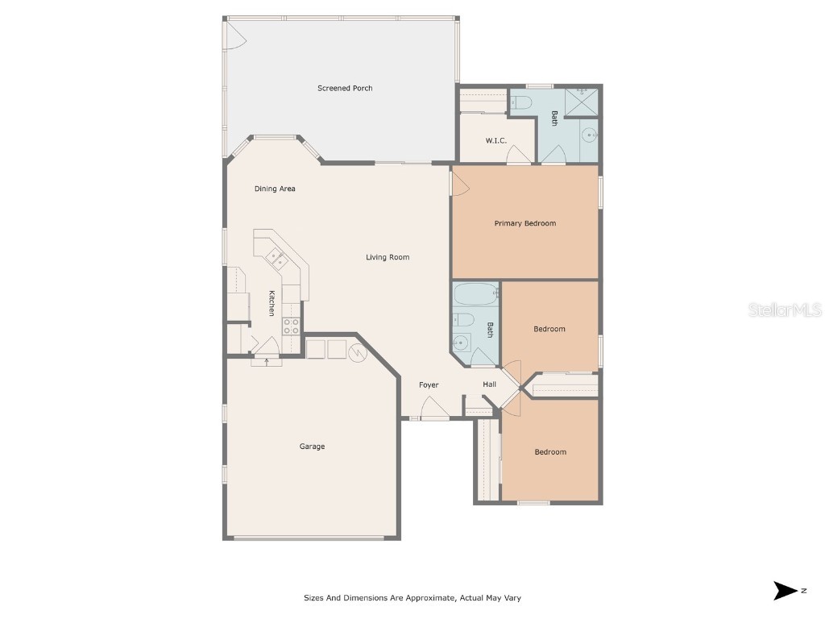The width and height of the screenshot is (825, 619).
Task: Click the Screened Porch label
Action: [345, 88]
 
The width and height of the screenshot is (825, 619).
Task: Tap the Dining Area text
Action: [275, 189]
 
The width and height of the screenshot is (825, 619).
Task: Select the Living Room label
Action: [388, 257]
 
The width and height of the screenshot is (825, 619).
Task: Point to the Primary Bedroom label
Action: [524, 223]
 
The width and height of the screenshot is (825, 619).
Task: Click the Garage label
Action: [312, 447]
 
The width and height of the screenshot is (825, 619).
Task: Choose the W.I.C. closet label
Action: [495, 141]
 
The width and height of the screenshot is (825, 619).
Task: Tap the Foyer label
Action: [429, 384]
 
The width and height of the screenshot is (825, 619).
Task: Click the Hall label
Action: [489, 384]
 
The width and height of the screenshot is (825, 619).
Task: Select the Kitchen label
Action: [272, 303]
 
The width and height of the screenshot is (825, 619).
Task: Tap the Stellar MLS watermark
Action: [784, 309]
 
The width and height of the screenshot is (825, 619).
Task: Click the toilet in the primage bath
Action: [520, 102]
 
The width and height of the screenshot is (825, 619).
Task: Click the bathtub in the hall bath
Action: [475, 294]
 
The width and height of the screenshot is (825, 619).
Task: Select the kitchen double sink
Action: [277, 259]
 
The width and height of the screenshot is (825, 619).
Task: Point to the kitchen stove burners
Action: [291, 326]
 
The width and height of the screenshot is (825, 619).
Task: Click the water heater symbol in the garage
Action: [358, 351]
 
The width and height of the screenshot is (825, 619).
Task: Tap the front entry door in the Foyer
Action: [435, 413]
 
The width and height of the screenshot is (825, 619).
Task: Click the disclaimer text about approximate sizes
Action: [417, 598]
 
